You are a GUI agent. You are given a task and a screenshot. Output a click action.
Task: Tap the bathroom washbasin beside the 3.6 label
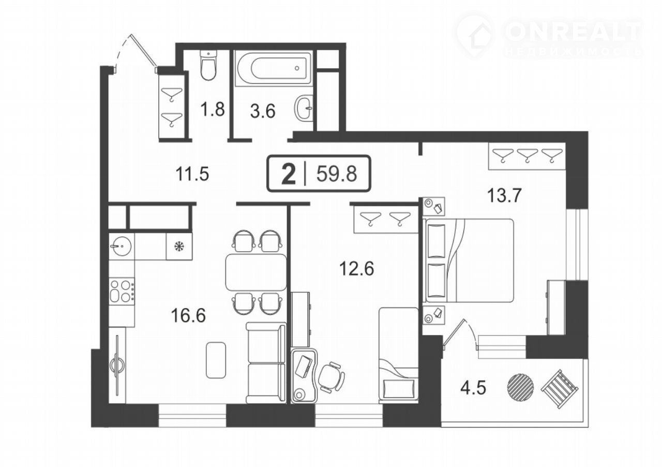pyautogui.click(x=304, y=108)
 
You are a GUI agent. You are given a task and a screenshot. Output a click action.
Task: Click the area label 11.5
pyautogui.click(x=192, y=174)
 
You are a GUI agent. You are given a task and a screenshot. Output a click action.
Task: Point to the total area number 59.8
pyautogui.click(x=337, y=174)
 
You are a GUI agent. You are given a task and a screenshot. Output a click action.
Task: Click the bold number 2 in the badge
pyautogui.click(x=289, y=174)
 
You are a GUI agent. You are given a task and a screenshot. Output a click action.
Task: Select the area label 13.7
pyautogui.click(x=504, y=196)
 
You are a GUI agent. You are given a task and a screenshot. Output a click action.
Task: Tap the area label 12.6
pyautogui.click(x=356, y=269)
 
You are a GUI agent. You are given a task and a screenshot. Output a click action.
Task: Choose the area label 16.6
pyautogui.click(x=188, y=316)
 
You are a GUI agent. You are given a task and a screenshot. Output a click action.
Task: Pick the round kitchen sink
pyautogui.click(x=121, y=245)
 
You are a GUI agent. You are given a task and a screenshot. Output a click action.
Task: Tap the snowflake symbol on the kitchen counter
pyautogui.click(x=179, y=246)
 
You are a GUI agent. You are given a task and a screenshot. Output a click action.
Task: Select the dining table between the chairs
pyautogui.click(x=256, y=272)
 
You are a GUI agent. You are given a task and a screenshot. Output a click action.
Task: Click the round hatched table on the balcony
pyautogui.click(x=521, y=387)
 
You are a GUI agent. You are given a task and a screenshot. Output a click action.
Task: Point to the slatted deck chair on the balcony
pyautogui.click(x=560, y=389)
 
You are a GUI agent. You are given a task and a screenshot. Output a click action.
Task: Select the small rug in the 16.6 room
pyautogui.click(x=216, y=360)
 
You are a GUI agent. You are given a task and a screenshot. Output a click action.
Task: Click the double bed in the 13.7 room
pyautogui.click(x=469, y=260)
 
